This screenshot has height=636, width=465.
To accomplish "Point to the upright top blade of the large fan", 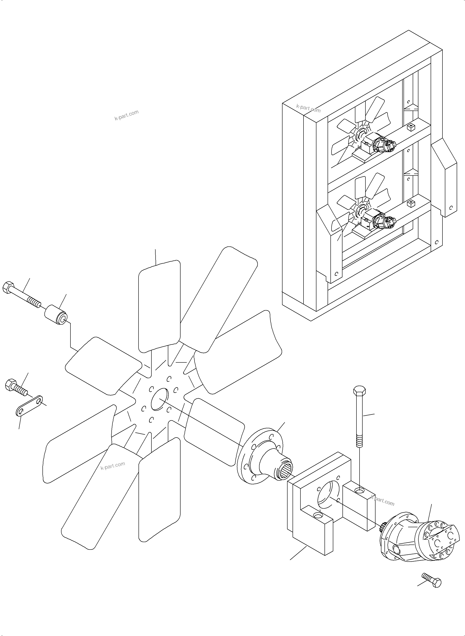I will [x=159, y=306].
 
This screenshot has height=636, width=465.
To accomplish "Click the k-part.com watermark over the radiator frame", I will [x=308, y=108].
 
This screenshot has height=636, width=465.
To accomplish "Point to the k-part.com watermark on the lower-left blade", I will [x=113, y=466].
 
